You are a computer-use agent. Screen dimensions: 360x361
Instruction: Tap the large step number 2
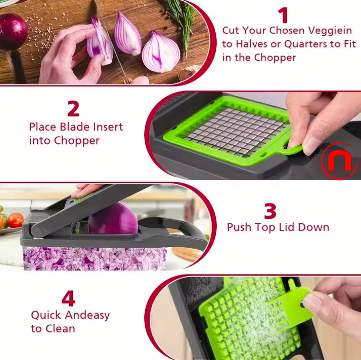73,109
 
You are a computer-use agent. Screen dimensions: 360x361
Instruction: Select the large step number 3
270,211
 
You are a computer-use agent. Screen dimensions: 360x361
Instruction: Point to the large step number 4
68,299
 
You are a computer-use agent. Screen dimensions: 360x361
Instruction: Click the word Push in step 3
239,227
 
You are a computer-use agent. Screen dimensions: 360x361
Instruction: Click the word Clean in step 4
59,329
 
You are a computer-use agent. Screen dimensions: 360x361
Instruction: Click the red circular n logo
340,161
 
